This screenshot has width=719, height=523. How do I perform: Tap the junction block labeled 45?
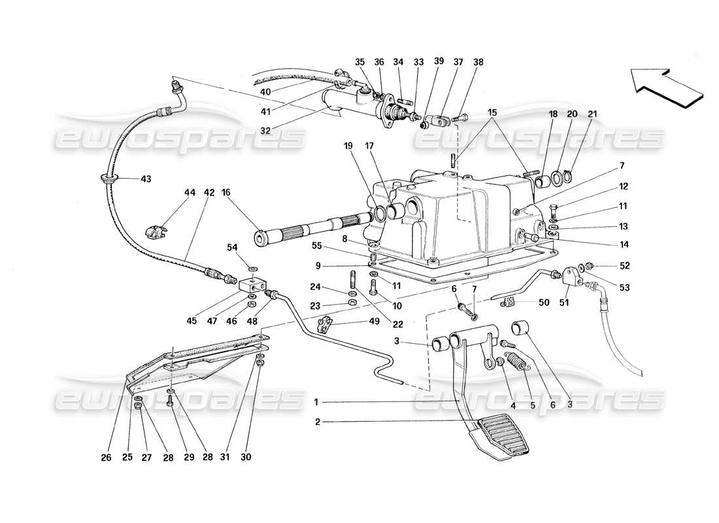point(251,286)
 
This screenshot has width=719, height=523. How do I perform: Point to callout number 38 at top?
point(478,62)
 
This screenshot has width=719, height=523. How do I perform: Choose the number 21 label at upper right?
point(592,114)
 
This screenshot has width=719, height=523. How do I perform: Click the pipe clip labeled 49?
point(324,324)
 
